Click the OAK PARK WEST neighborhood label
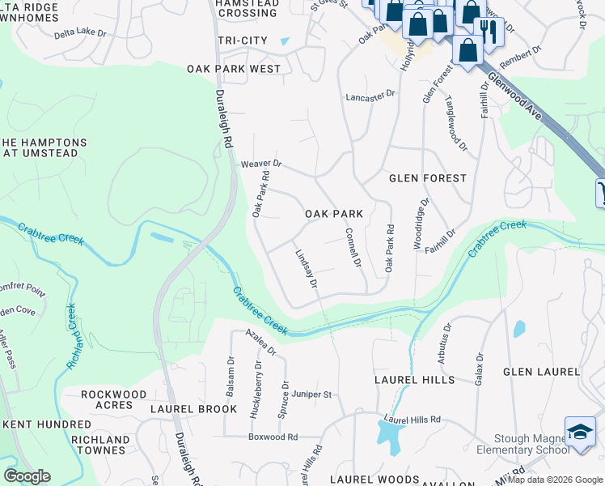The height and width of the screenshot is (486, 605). (x=234, y=69)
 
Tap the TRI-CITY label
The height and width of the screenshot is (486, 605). (x=243, y=40)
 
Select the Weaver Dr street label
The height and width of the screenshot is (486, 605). (x=260, y=164)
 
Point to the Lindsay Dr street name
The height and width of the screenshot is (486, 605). (x=305, y=266)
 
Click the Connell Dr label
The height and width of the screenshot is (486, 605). (x=353, y=249)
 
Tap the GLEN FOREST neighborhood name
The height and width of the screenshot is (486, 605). (x=428, y=177)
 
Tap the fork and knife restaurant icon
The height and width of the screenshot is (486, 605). (x=489, y=30)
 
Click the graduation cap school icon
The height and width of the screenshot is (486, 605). (x=580, y=431)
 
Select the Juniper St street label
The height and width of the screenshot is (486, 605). (x=313, y=394)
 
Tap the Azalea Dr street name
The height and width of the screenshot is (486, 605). (x=261, y=343)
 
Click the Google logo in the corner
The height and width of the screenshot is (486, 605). (x=27, y=477)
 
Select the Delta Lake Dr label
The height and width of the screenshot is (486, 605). (x=80, y=34)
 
